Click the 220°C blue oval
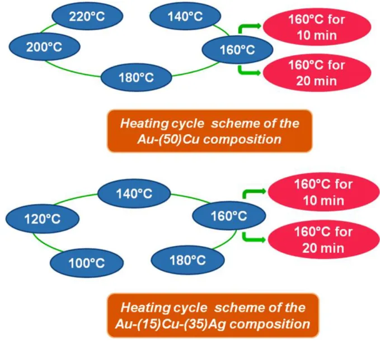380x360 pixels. [x=87, y=16]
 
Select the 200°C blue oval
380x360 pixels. [x=45, y=46]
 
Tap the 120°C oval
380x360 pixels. [x=43, y=219]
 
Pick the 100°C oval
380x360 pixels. [x=87, y=263]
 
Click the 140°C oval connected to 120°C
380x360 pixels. [x=134, y=193]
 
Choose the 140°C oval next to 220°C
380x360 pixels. [x=185, y=16]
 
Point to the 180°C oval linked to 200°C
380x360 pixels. [x=137, y=77]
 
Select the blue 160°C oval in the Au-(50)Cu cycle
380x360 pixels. [x=237, y=50]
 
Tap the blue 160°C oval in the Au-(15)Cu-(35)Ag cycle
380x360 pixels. [x=229, y=215]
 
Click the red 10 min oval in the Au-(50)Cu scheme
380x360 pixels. [x=317, y=27]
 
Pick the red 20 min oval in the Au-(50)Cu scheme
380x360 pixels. [x=317, y=73]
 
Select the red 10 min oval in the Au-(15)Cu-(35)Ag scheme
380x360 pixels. [x=324, y=192]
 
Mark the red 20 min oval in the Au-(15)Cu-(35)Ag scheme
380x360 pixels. [x=324, y=239]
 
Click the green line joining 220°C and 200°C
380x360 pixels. [x=48, y=28]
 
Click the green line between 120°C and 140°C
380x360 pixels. [x=75, y=198]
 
